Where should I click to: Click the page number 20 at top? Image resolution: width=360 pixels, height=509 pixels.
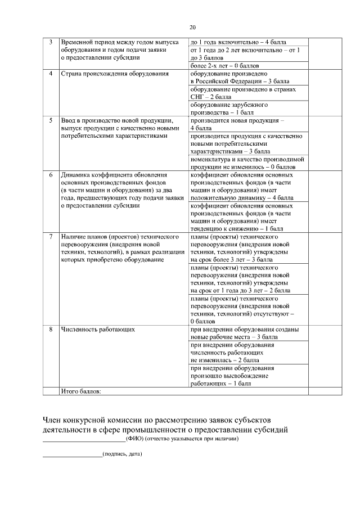point(192,26)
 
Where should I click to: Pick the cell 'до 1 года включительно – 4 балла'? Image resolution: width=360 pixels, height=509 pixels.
point(238,42)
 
